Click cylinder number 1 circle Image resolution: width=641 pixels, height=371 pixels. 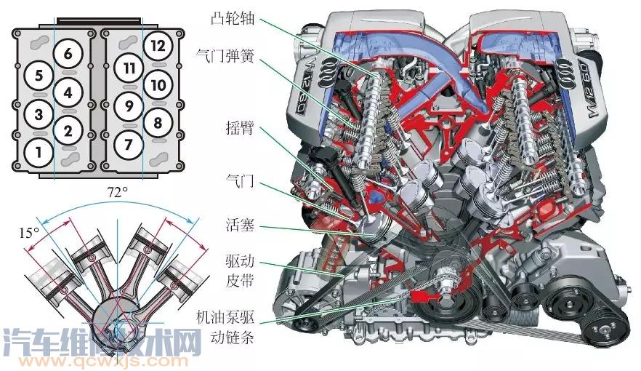pyautogui.click(x=39, y=153)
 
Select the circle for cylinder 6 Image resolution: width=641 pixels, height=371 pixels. pyautogui.click(x=68, y=54)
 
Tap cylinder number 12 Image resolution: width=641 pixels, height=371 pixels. pyautogui.click(x=158, y=45)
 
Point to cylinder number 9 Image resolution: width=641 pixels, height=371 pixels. pyautogui.click(x=129, y=106)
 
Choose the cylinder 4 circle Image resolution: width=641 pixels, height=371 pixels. pyautogui.click(x=68, y=92)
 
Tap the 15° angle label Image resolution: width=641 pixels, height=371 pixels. pyautogui.click(x=29, y=233)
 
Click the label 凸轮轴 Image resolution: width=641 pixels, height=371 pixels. pyautogui.click(x=233, y=18)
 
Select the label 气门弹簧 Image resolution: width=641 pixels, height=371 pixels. pyautogui.click(x=225, y=55)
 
